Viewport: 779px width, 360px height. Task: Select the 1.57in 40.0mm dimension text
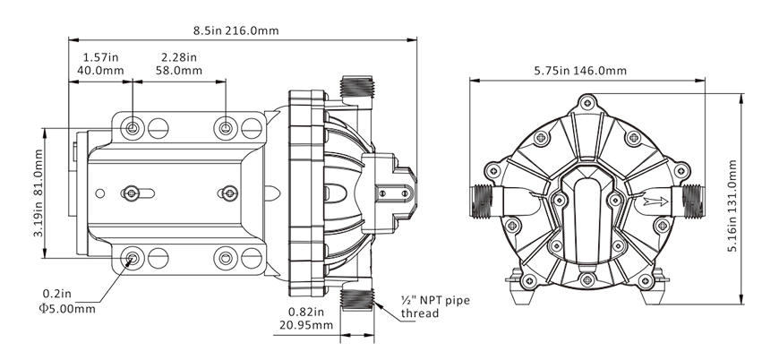98,64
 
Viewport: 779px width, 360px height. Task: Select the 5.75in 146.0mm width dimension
580,71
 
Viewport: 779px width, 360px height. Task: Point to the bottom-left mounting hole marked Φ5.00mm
133,259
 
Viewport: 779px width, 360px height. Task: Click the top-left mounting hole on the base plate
133,128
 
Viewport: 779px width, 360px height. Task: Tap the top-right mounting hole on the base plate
227,128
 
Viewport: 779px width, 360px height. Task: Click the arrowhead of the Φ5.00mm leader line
128,263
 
